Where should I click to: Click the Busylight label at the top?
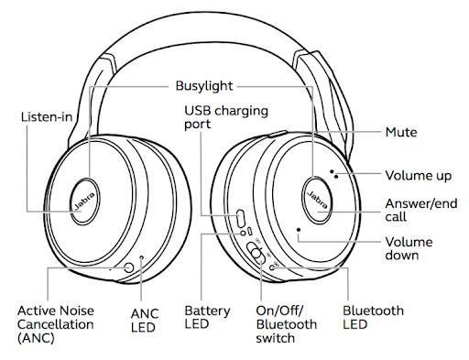pyautogui.click(x=204, y=86)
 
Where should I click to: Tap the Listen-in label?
pyautogui.click(x=47, y=117)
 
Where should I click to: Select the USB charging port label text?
pyautogui.click(x=226, y=117)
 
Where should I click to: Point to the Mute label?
pyautogui.click(x=401, y=132)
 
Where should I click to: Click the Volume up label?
pyautogui.click(x=418, y=176)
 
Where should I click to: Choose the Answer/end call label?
pyautogui.click(x=421, y=210)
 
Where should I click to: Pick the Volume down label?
pyautogui.click(x=409, y=248)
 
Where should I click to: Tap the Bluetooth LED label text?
pyautogui.click(x=373, y=317)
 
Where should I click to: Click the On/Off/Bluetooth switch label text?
pyautogui.click(x=287, y=324)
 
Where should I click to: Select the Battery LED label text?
pyautogui.click(x=207, y=317)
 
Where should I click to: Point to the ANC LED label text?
pyautogui.click(x=145, y=321)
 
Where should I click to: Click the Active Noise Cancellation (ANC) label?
pyautogui.click(x=56, y=324)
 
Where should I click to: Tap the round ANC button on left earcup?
pyautogui.click(x=129, y=267)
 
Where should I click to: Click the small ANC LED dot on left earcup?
pyautogui.click(x=142, y=257)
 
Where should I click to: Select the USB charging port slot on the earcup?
pyautogui.click(x=240, y=218)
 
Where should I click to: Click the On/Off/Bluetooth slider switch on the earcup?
pyautogui.click(x=256, y=253)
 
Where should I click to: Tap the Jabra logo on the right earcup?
pyautogui.click(x=319, y=200)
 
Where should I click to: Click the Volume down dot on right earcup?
pyautogui.click(x=299, y=230)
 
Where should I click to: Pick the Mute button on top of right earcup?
pyautogui.click(x=278, y=134)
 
